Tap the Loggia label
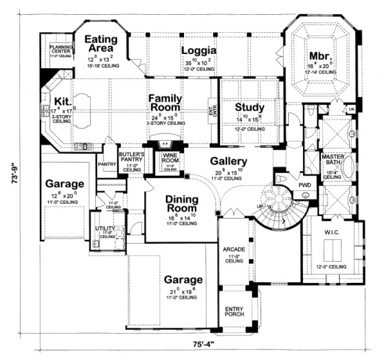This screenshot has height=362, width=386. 199,51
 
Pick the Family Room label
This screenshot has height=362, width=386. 165,102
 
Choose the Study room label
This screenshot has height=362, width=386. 250,107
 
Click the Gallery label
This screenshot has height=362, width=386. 229,161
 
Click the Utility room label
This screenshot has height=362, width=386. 103,228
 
